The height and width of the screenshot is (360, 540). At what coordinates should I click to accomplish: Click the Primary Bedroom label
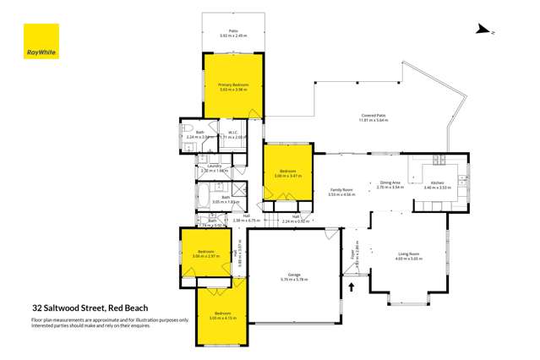tap(231, 85)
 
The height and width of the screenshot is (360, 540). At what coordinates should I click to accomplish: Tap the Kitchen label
tap(437, 183)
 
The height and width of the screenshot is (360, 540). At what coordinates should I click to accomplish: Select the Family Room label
tap(341, 192)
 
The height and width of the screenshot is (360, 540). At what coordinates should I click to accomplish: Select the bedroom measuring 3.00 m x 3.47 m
tap(287, 173)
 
